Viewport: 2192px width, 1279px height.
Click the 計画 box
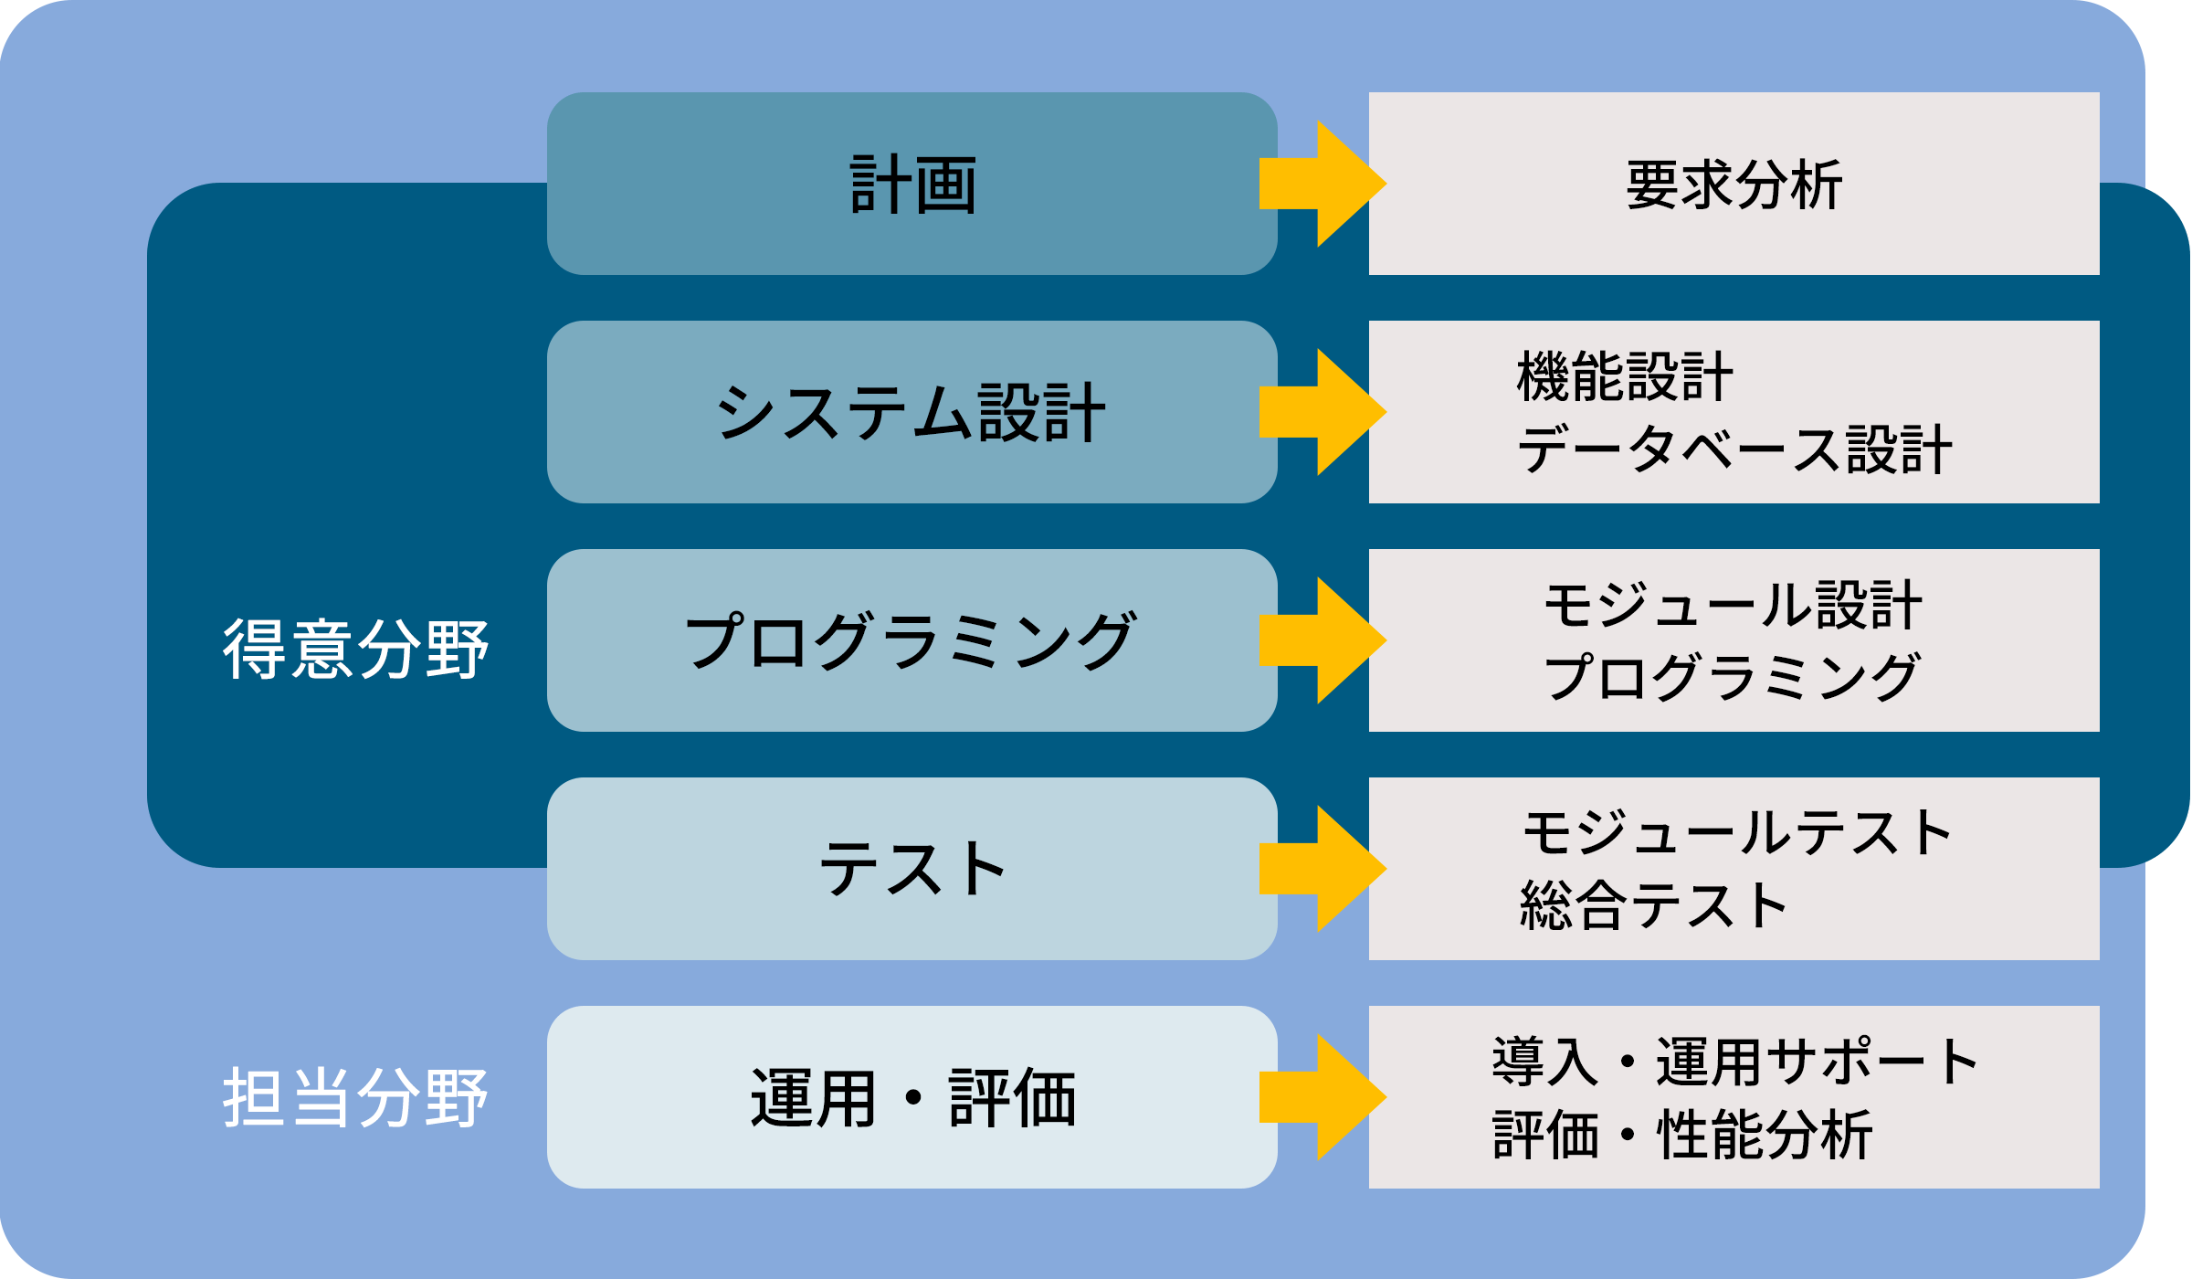[x=912, y=184]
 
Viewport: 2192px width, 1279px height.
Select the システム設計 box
[x=912, y=412]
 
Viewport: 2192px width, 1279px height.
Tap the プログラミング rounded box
[x=912, y=640]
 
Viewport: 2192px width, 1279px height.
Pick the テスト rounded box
[x=912, y=869]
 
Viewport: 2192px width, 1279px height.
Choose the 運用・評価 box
[x=912, y=1097]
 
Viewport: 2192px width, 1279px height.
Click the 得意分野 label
[x=356, y=650]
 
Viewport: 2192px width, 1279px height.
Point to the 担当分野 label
[x=356, y=1097]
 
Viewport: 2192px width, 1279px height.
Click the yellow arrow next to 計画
[x=1322, y=184]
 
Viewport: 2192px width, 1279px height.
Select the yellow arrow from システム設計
[x=1322, y=412]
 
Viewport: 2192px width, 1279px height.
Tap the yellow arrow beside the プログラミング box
[x=1322, y=640]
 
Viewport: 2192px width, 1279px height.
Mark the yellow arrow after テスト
[x=1322, y=869]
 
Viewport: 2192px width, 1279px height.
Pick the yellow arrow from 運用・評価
[x=1322, y=1097]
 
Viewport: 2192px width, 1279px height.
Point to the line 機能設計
[x=1624, y=376]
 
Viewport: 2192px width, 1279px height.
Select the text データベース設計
[x=1734, y=449]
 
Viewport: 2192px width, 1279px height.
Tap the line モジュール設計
[x=1733, y=605]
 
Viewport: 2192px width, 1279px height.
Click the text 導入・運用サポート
[x=1735, y=1062]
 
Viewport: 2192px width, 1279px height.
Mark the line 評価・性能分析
[x=1682, y=1135]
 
